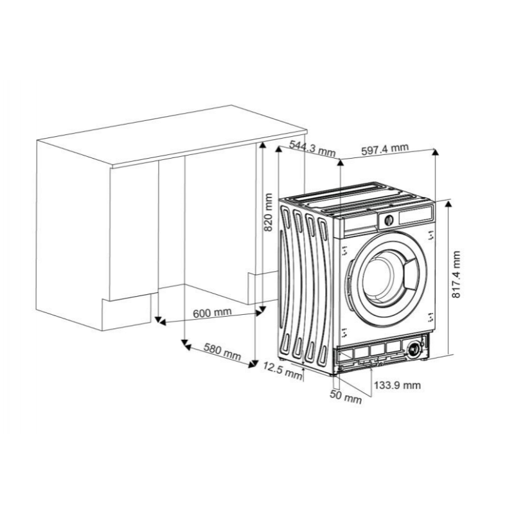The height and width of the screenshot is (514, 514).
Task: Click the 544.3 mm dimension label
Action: tap(312, 149)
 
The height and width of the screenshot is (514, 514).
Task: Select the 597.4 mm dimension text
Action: tap(385, 149)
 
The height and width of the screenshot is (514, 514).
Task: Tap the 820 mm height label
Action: tap(268, 212)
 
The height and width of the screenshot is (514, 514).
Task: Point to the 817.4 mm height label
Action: tap(456, 274)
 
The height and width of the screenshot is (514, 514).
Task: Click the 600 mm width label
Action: tap(212, 313)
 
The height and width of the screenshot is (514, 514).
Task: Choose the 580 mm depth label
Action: tap(222, 351)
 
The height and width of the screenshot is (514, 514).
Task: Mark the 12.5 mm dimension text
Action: tap(283, 371)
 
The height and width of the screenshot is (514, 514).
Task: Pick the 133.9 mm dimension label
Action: tap(397, 385)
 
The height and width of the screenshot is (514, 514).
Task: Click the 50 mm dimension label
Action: tap(346, 396)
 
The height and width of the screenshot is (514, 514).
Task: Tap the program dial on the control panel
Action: tap(389, 220)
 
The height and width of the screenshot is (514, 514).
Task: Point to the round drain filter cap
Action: tap(414, 349)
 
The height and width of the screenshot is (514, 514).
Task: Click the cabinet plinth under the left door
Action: tap(126, 312)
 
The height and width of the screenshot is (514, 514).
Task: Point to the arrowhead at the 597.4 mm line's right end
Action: tap(435, 152)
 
